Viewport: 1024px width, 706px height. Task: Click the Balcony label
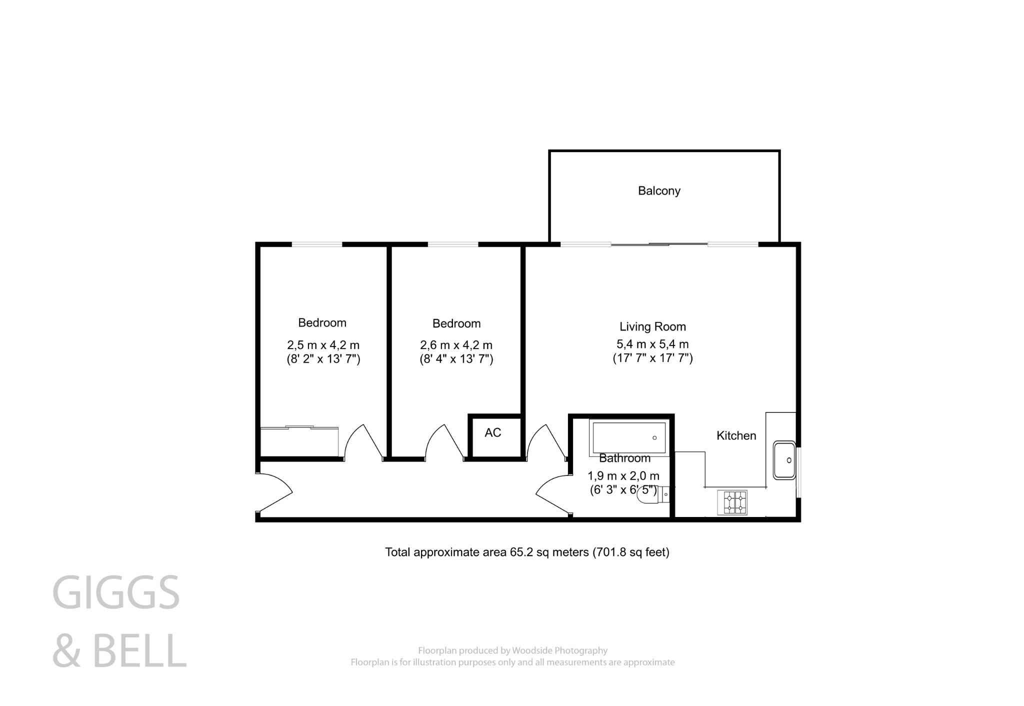659,191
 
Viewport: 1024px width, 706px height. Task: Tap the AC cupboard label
492,433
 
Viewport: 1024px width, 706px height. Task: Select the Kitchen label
736,436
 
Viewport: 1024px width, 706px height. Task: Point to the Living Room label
652,327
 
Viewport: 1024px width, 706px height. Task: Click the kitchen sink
783,460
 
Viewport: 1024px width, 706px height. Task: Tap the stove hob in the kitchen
732,502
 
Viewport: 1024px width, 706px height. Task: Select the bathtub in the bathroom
629,438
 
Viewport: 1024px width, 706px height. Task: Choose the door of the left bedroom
364,441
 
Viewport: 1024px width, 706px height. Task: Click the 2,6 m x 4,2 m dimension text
456,345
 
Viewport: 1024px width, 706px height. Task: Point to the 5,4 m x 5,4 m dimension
652,344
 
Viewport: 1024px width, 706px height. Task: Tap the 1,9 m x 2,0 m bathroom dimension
623,476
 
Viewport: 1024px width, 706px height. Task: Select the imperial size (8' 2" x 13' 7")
323,359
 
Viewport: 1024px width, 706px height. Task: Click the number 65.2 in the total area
520,552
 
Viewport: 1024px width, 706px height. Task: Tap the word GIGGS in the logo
116,593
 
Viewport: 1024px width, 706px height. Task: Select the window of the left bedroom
317,244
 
